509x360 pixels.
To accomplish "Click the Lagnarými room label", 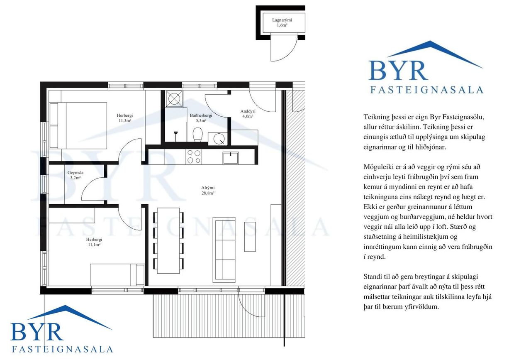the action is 282,22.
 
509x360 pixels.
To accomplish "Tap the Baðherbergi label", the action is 201,118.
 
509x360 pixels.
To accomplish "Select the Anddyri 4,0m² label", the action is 248,114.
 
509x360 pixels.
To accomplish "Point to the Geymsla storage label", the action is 75,175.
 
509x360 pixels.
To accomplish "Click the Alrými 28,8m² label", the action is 208,190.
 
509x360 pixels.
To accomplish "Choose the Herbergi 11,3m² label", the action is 125,118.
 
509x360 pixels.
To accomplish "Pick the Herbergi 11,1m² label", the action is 94,242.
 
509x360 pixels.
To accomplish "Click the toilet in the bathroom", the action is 197,135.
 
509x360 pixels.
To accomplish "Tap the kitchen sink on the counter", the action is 230,158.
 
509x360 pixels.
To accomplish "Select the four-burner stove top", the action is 194,157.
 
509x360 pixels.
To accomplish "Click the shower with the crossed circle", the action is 174,99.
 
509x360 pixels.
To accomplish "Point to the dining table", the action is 168,240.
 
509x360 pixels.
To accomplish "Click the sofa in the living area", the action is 224,250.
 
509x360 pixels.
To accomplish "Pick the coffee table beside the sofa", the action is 250,237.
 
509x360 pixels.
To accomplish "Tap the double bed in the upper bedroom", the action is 78,126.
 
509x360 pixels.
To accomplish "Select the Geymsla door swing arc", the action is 89,186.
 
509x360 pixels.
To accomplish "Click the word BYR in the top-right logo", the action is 398,71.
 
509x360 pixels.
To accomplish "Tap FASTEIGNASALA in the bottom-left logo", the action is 62,349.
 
